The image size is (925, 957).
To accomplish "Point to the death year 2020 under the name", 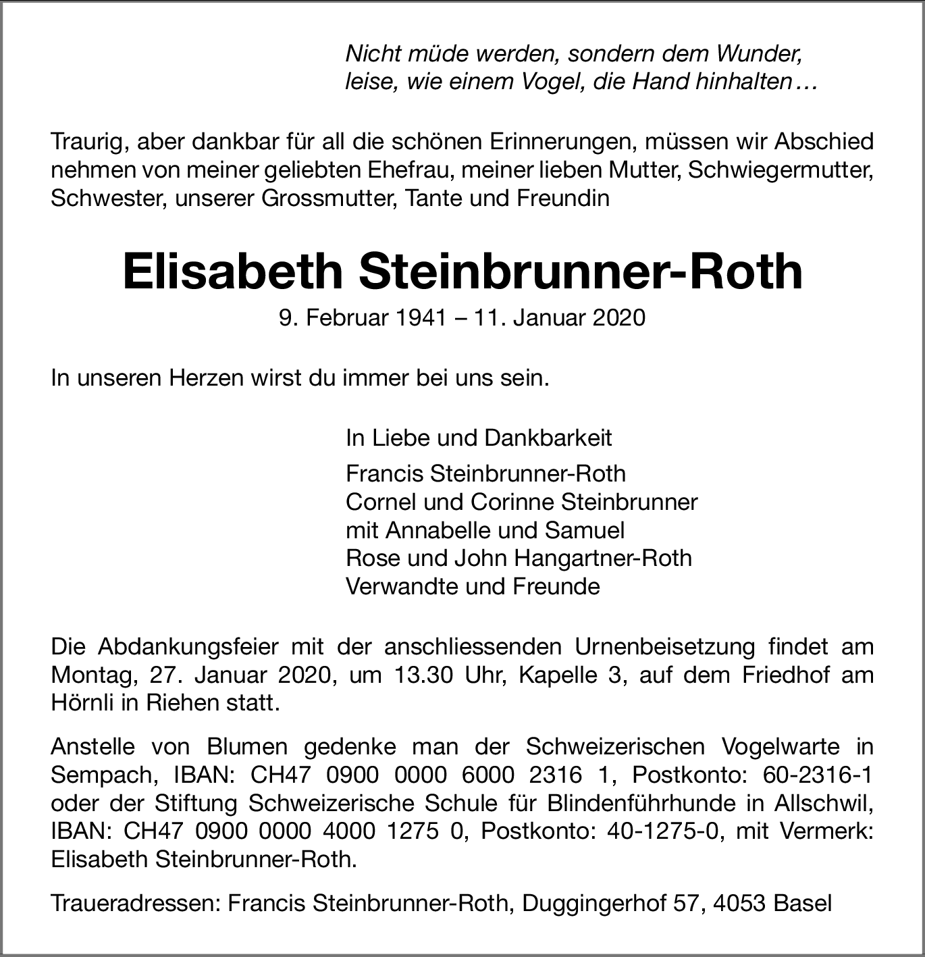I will (x=619, y=317).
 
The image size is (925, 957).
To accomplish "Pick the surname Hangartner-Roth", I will (x=603, y=559).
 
